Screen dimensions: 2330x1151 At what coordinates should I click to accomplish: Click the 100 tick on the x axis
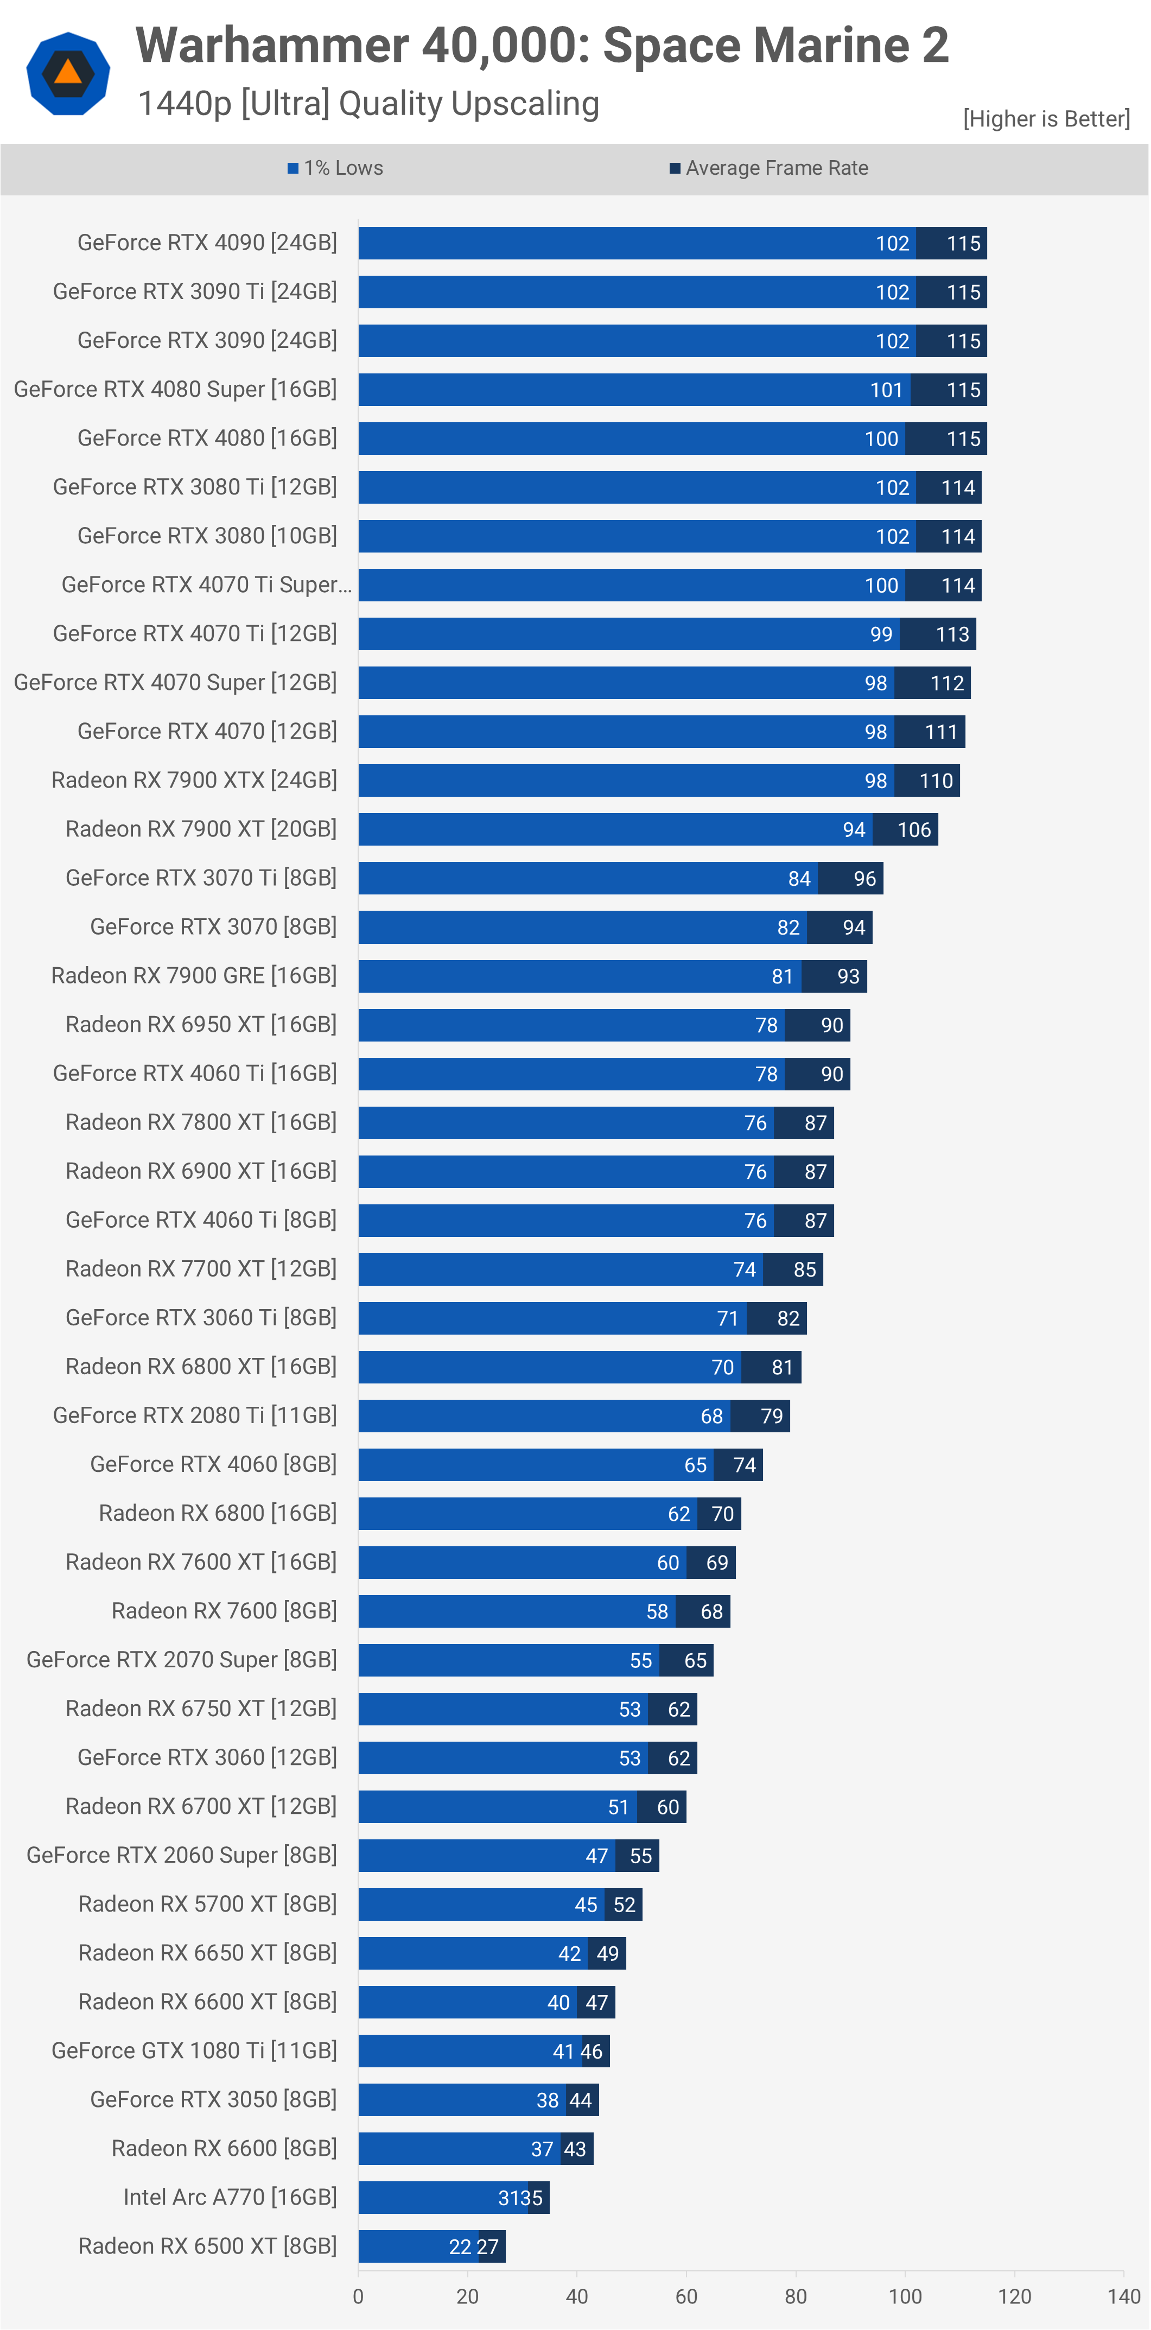click(905, 2296)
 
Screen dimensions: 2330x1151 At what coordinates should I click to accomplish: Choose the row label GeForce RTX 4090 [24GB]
click(207, 243)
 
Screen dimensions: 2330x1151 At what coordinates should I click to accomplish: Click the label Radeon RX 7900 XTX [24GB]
click(194, 780)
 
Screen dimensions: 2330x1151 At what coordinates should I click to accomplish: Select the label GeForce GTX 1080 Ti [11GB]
click(194, 2050)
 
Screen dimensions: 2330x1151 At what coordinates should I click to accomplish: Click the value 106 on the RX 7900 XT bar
click(914, 829)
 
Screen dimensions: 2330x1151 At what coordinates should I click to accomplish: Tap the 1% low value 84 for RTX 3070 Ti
click(799, 878)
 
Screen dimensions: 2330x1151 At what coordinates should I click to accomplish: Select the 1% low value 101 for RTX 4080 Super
click(886, 390)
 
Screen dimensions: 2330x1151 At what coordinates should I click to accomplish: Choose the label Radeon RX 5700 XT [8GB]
click(207, 1904)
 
